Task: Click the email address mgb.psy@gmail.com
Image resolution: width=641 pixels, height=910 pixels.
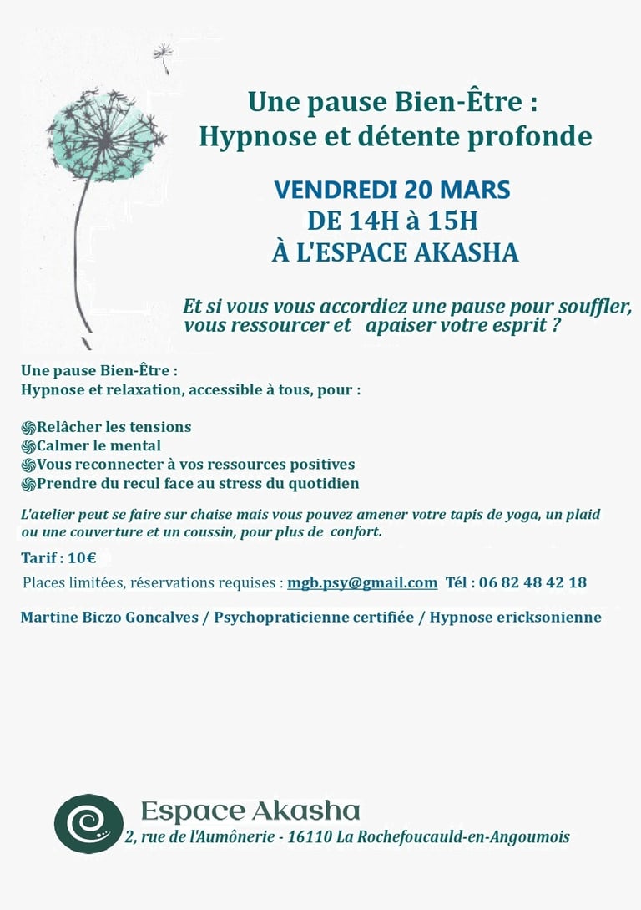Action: click(362, 582)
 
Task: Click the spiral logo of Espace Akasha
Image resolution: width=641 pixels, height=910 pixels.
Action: click(88, 823)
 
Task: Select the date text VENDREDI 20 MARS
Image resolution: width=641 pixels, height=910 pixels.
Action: click(392, 190)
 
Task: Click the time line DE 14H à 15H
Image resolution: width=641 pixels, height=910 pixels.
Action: click(392, 221)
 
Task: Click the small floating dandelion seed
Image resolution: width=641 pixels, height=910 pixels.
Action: click(163, 56)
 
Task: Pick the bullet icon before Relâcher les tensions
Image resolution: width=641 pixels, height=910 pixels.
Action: click(29, 427)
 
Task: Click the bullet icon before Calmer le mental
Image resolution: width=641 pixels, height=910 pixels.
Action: click(29, 446)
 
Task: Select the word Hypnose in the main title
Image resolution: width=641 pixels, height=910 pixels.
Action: click(241, 135)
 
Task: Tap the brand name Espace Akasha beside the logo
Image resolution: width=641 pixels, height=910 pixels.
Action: click(250, 811)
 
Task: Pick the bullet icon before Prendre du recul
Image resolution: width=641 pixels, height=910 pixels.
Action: click(29, 484)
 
